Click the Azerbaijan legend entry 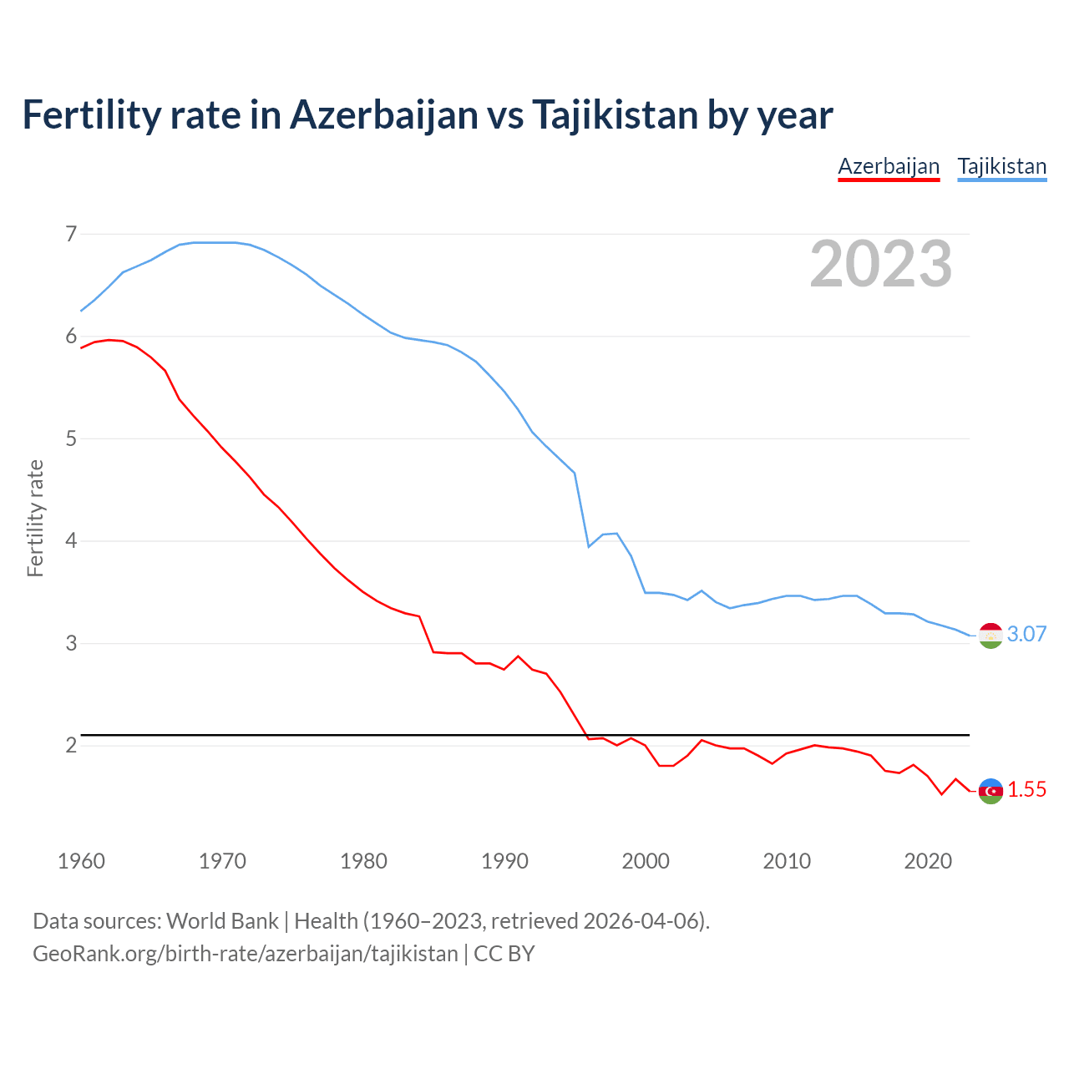coord(889,166)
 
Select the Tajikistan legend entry coord(1001,166)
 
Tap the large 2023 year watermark coord(880,264)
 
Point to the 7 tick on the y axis coord(71,234)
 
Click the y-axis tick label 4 coord(71,541)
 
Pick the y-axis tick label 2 coord(71,745)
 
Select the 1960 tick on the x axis coord(81,861)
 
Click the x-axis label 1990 coord(504,861)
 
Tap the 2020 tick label coord(928,861)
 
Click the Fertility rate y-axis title coord(35,518)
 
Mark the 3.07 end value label coord(1026,634)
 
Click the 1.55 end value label coord(1026,789)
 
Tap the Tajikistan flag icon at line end coord(990,636)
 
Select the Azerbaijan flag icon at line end coord(990,790)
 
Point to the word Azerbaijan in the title coord(383,114)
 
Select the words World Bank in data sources coord(222,920)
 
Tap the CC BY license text coord(504,953)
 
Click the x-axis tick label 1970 coord(222,861)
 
